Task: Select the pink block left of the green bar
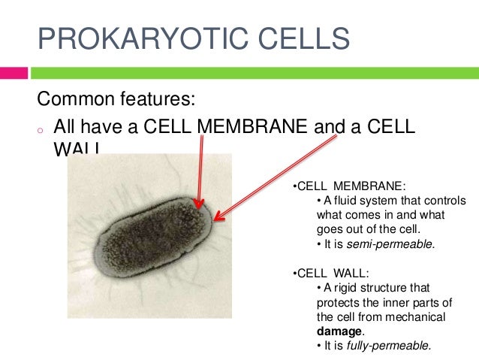pos(14,73)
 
